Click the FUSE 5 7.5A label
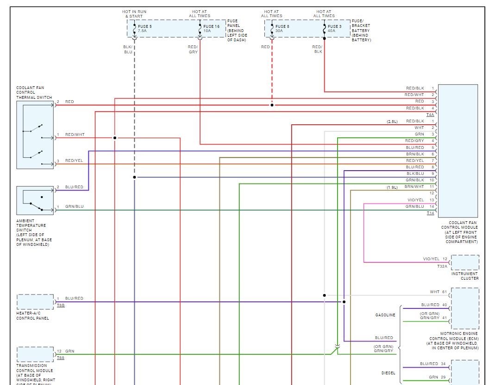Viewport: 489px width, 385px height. pyautogui.click(x=144, y=29)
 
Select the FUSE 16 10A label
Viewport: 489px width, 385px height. pyautogui.click(x=212, y=29)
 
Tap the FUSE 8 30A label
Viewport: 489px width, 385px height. pyautogui.click(x=282, y=29)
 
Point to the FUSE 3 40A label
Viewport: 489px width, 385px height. pyautogui.click(x=334, y=29)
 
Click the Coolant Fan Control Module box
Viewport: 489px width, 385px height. pyautogui.click(x=458, y=151)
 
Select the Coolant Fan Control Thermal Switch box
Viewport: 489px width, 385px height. pyautogui.click(x=35, y=135)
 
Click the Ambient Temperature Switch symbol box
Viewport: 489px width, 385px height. pyautogui.click(x=35, y=200)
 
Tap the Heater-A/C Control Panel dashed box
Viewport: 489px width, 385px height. pyautogui.click(x=35, y=302)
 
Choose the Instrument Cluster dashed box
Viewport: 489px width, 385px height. pyautogui.click(x=465, y=263)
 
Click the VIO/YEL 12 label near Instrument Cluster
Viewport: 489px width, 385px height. pyautogui.click(x=435, y=259)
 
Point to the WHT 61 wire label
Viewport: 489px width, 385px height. pyautogui.click(x=438, y=292)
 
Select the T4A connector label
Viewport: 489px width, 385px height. pyautogui.click(x=430, y=115)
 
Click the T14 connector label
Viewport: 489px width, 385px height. pyautogui.click(x=430, y=213)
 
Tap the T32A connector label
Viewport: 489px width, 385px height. pyautogui.click(x=442, y=267)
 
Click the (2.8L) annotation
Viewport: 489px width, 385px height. pyautogui.click(x=392, y=121)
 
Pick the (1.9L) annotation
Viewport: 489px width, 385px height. pyautogui.click(x=392, y=187)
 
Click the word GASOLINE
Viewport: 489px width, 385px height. pyautogui.click(x=385, y=315)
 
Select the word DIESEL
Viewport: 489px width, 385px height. pyautogui.click(x=388, y=372)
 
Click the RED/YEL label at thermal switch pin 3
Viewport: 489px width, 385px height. pyautogui.click(x=75, y=160)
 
